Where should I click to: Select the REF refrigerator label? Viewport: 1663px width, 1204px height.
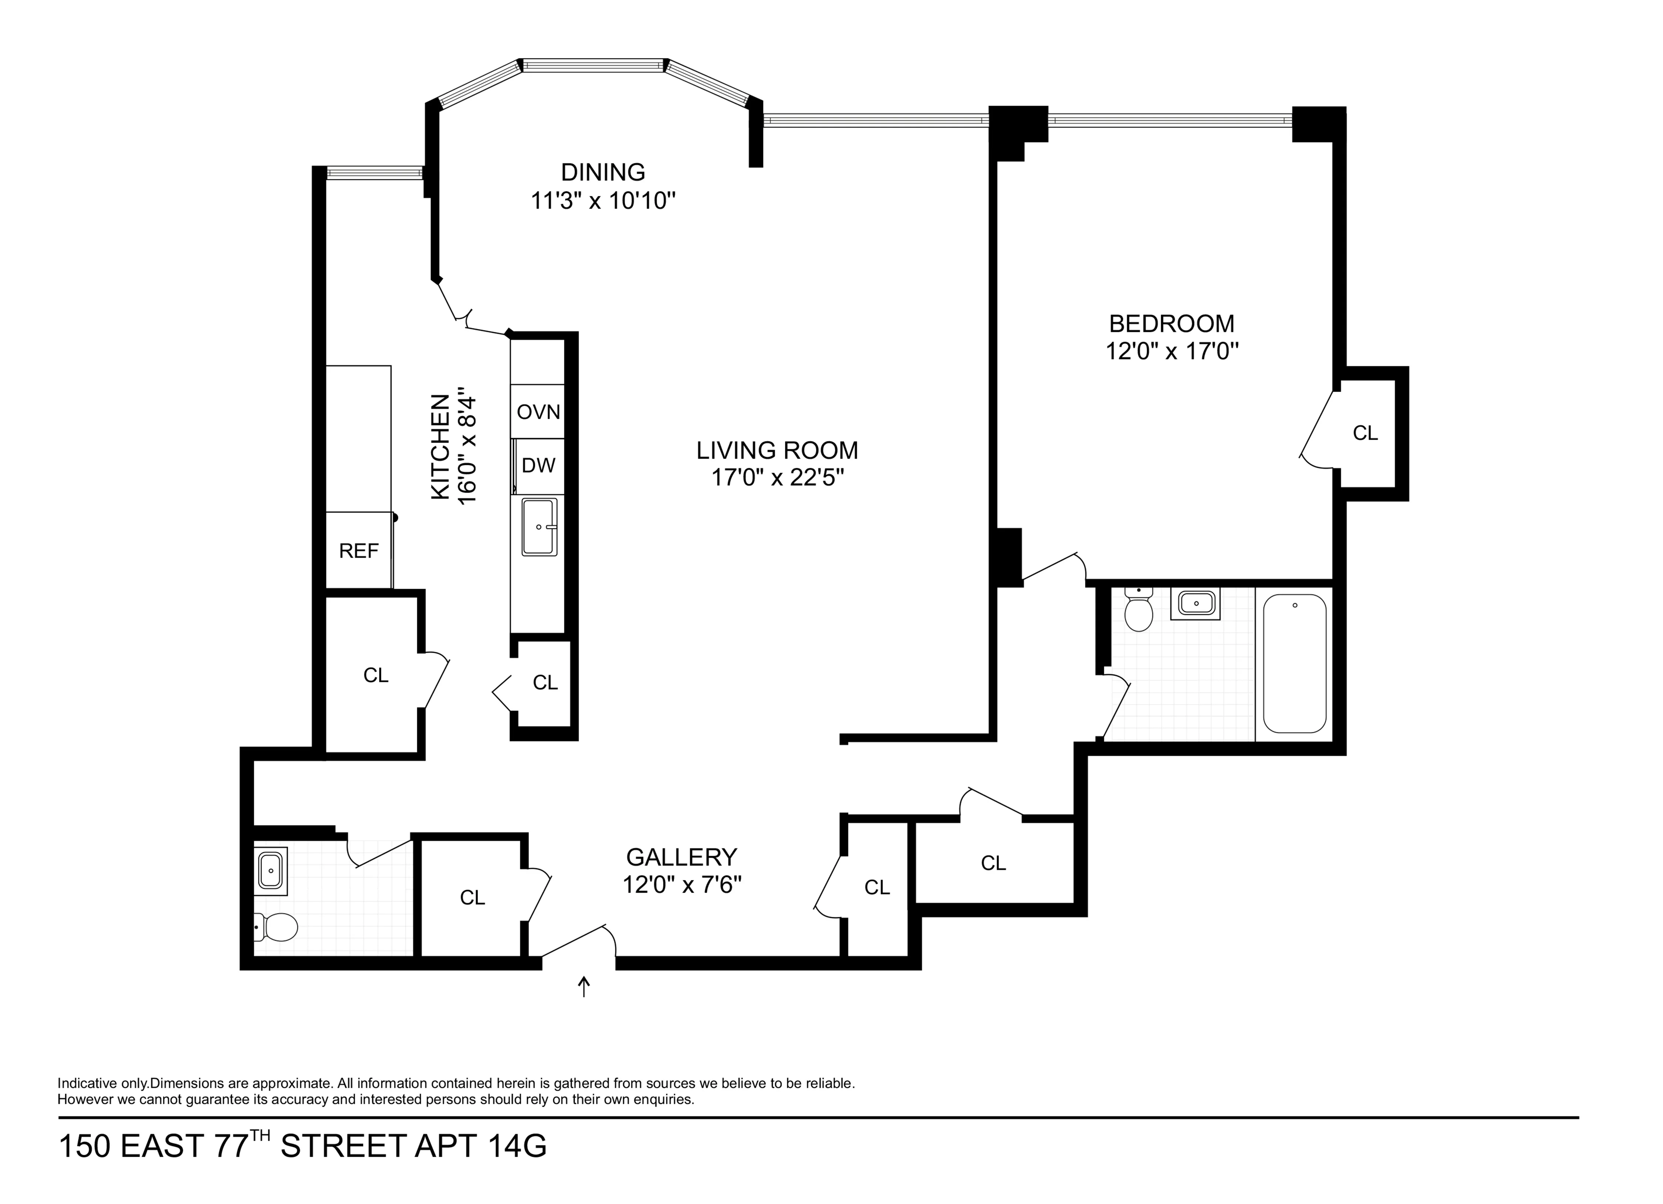pos(358,551)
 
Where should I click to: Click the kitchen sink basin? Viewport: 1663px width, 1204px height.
pos(539,527)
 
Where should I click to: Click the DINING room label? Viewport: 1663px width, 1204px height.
pos(603,172)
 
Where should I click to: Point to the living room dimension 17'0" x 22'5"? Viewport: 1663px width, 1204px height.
pos(777,478)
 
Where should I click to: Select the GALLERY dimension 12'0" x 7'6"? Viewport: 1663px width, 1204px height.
pos(682,885)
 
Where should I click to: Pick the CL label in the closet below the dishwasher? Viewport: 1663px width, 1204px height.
pos(545,683)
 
